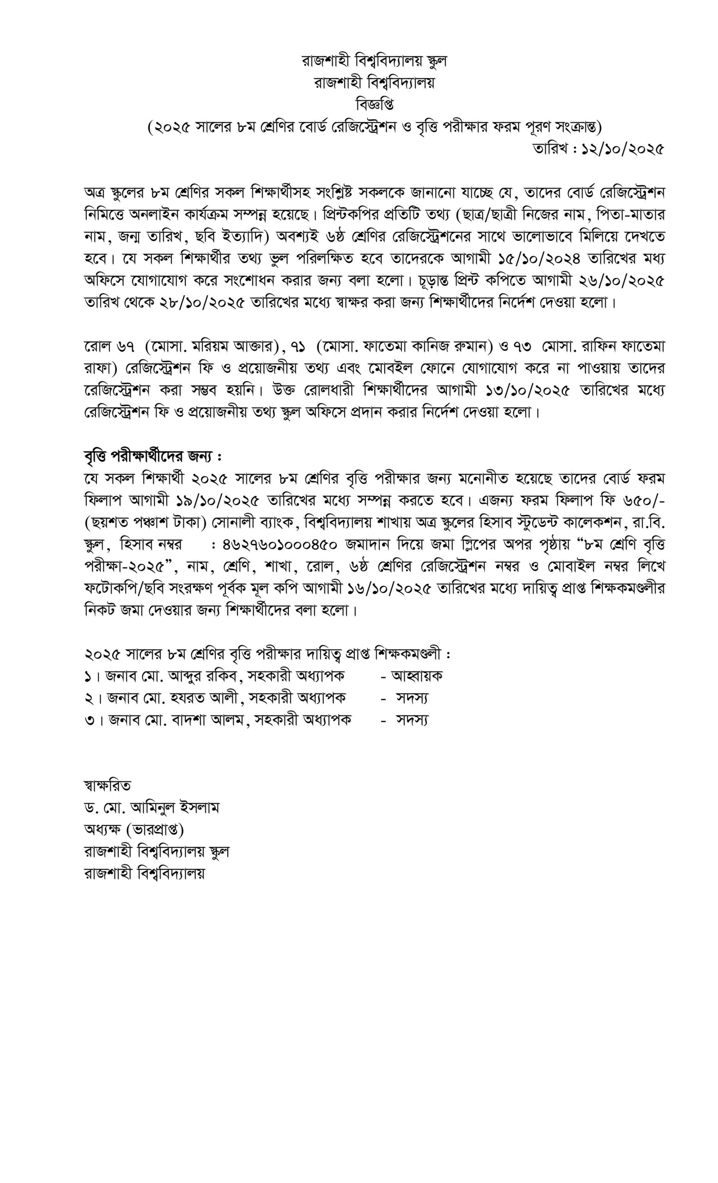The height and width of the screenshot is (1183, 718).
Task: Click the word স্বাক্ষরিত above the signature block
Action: (107, 786)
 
